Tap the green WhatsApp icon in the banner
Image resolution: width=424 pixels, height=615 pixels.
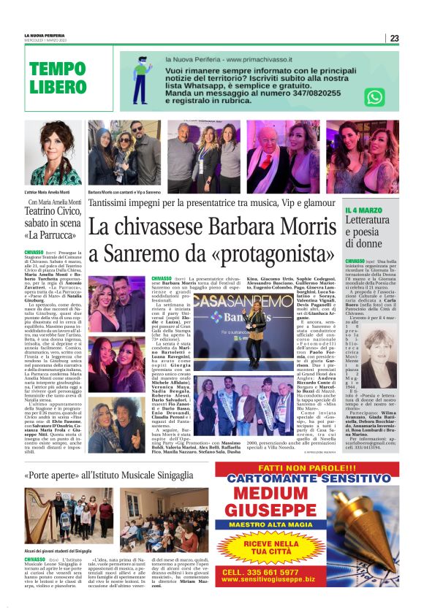374,97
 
